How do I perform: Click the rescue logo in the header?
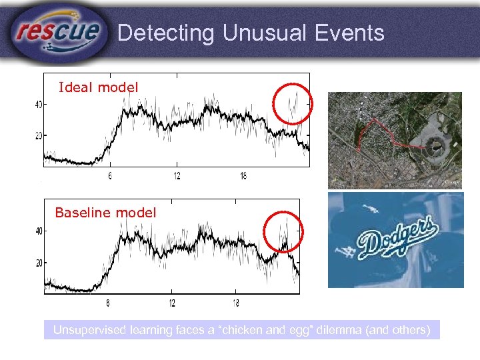pos(59,31)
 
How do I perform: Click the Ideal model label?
pos(99,87)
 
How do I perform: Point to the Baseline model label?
pos(105,213)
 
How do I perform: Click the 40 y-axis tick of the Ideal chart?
pos(37,104)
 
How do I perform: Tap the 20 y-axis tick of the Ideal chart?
pos(37,136)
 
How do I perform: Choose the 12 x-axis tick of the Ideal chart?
pos(177,176)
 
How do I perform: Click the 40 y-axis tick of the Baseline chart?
pos(37,231)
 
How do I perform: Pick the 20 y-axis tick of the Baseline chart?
pos(37,263)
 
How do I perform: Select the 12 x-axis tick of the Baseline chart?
pos(173,303)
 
